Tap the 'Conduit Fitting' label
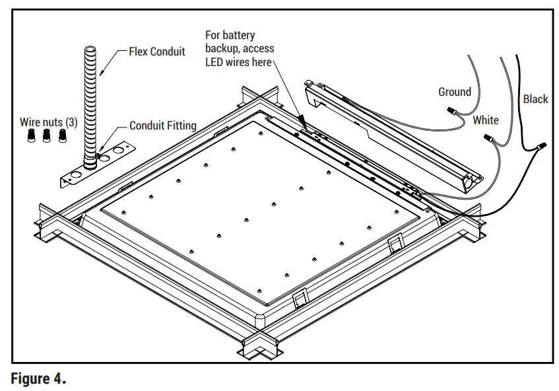click(x=162, y=125)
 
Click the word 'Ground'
click(x=455, y=92)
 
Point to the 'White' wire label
click(x=485, y=120)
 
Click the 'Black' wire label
click(x=535, y=99)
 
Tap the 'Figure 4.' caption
click(x=38, y=379)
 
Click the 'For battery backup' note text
click(x=240, y=48)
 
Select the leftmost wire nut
click(x=30, y=136)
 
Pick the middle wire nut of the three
click(x=46, y=136)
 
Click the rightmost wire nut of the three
click(x=63, y=136)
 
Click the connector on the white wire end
click(x=489, y=139)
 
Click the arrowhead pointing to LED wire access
click(x=302, y=123)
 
